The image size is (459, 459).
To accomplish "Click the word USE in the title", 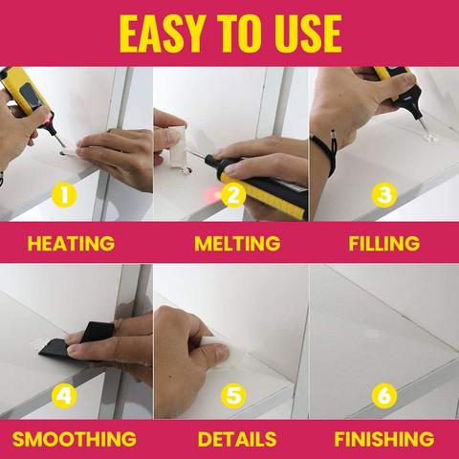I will coord(298,33).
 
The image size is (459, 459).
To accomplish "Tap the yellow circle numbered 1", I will coord(63,196).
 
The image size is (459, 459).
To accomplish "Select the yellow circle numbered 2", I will coord(230,196).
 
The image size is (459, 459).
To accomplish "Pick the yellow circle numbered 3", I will coord(384,196).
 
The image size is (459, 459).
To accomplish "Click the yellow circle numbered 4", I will coord(63,394).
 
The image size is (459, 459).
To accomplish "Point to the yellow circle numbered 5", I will coord(230,394).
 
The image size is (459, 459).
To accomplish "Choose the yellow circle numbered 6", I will coord(384,394).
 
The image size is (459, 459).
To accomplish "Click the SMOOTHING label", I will coord(74,440).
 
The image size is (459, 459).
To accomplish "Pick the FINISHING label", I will coord(383,440).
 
